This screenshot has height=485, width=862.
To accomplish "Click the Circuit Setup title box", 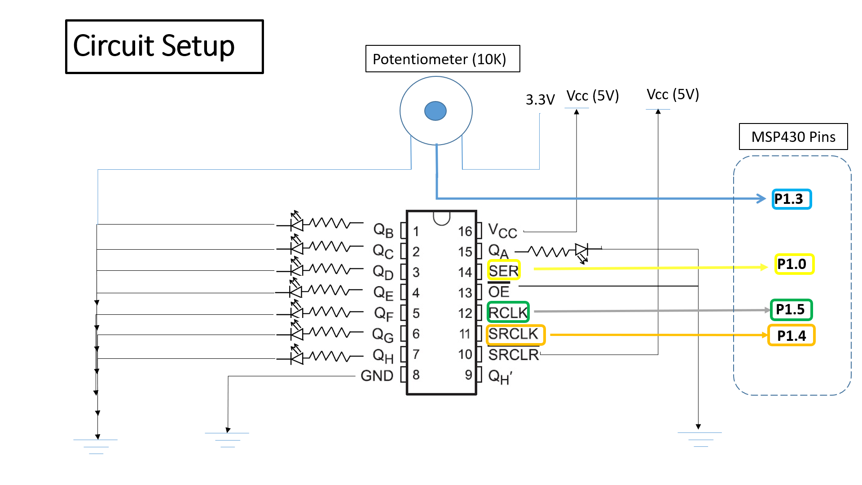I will click(x=164, y=46).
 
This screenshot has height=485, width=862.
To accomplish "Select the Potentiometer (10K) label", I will click(x=442, y=59).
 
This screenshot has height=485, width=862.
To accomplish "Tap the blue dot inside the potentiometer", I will click(x=435, y=111).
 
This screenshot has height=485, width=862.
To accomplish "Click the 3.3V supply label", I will click(x=540, y=100).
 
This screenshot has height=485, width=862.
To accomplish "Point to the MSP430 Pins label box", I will click(x=793, y=137).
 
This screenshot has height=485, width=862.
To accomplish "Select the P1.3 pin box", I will click(x=792, y=199).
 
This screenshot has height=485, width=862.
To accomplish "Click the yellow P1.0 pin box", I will click(x=794, y=264).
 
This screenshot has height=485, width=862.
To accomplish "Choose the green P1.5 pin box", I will click(x=791, y=309).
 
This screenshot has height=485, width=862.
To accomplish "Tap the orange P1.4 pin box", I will click(x=791, y=335).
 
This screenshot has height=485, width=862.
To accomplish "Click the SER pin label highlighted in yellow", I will click(x=504, y=270).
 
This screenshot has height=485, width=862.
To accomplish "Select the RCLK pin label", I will click(x=508, y=312).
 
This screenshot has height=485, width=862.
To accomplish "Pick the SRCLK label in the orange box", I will click(x=515, y=335).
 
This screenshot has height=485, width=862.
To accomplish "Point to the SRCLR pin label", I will click(x=513, y=355).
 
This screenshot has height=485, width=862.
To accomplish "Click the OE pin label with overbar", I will click(x=499, y=292).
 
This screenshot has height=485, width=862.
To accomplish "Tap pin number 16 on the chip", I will click(x=465, y=231).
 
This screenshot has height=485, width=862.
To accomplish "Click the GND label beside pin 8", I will click(x=377, y=375).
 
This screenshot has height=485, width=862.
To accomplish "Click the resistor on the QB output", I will click(x=330, y=223).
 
